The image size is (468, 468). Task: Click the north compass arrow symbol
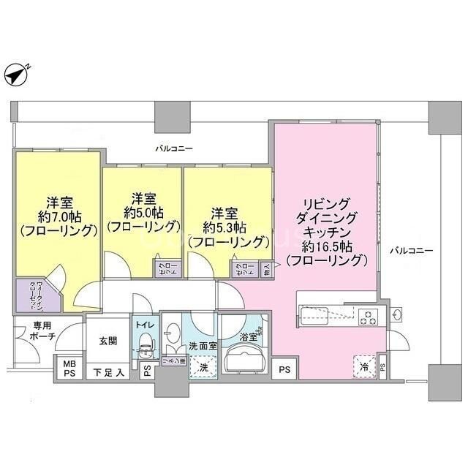point(15,73)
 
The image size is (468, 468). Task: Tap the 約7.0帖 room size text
point(58,216)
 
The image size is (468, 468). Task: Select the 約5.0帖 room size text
point(143,213)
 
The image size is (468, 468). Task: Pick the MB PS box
point(69,368)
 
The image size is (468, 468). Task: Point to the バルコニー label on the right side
point(411,251)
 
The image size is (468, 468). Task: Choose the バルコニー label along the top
point(173,148)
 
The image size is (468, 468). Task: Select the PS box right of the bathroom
point(284,370)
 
